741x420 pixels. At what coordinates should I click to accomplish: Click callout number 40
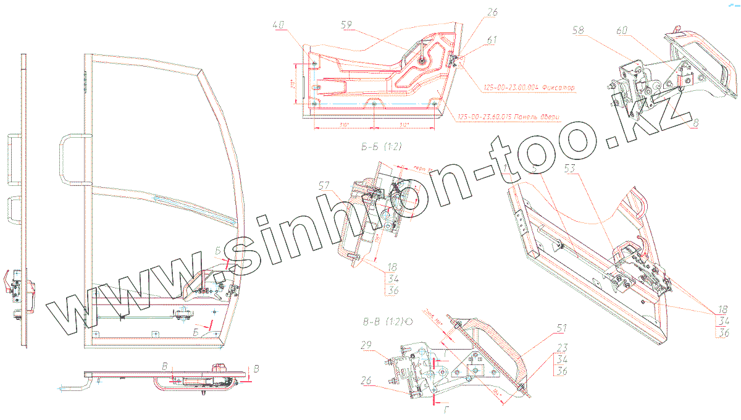(x=279, y=25)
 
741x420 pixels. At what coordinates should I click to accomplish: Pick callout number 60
(x=622, y=30)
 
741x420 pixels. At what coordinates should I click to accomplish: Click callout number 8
(x=695, y=122)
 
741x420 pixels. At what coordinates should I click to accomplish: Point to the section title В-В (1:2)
(x=385, y=322)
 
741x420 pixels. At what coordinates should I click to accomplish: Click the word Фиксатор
(x=558, y=88)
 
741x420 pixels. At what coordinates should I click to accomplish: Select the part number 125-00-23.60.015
(x=488, y=117)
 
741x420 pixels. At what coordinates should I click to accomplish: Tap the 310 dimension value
(x=344, y=125)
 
